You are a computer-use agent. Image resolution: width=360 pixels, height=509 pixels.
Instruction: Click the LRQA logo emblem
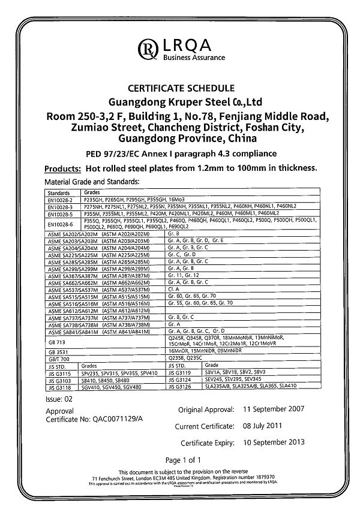coord(147,47)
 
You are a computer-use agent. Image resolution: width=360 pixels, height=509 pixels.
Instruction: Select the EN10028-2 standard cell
coord(59,198)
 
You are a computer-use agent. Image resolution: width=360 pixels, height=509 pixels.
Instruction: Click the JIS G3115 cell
coord(58,371)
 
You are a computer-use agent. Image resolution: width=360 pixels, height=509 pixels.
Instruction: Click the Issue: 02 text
coord(58,397)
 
